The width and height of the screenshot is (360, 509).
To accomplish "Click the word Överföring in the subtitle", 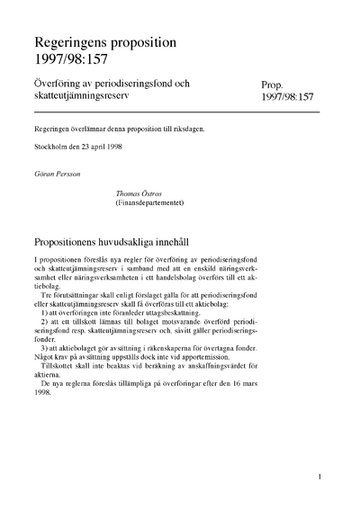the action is pos(60,84).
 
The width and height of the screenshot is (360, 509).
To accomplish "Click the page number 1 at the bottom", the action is pos(319,478).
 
